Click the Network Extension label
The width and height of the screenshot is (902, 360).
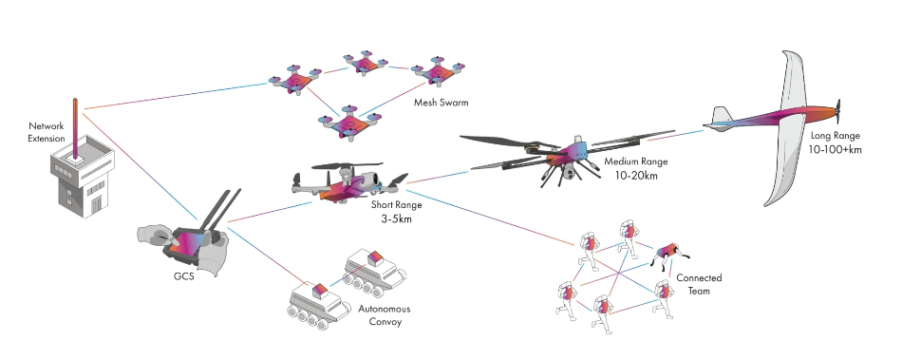(47, 132)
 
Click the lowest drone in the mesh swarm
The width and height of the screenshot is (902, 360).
(348, 123)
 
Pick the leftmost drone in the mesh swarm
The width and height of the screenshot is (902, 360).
(295, 80)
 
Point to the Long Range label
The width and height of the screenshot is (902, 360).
(836, 136)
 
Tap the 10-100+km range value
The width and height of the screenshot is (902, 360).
(836, 150)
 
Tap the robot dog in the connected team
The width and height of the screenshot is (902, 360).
(670, 253)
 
